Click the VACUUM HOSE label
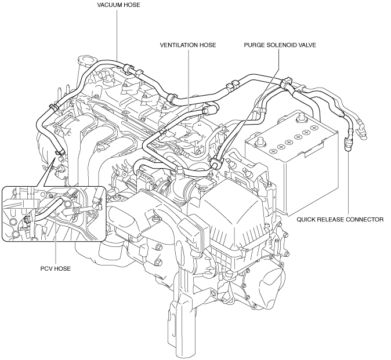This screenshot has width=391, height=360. [119, 5]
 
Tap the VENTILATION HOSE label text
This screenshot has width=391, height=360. [188, 45]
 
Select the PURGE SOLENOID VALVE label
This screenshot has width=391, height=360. [280, 45]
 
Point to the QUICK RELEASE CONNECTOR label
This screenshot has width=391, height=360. [340, 220]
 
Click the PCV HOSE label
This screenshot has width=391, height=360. [56, 268]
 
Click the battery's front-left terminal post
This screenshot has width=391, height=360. [261, 140]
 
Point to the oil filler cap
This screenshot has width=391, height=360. [86, 61]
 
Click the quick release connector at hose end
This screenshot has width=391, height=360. [349, 144]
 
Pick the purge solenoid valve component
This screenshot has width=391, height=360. [215, 163]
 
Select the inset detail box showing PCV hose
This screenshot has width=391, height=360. [53, 214]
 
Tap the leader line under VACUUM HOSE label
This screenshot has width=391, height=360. [117, 32]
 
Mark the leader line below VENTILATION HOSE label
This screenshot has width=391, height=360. [189, 79]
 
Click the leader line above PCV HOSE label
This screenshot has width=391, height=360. [56, 236]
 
